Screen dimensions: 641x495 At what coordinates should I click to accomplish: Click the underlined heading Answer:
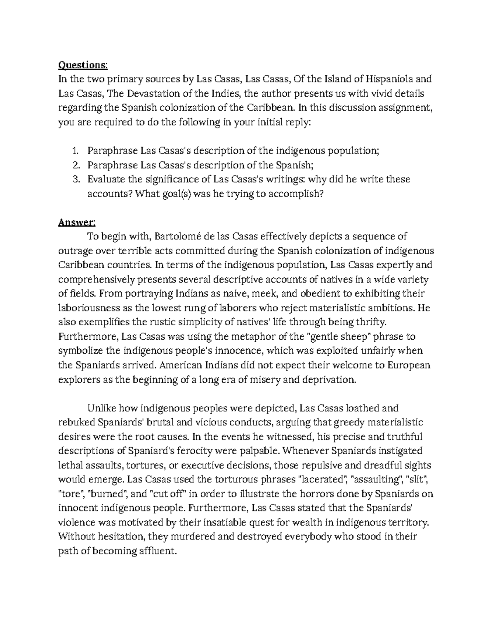pos(77,222)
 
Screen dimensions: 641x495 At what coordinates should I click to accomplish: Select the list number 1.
pos(75,151)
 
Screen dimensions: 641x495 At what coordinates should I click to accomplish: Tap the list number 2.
pos(75,166)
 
